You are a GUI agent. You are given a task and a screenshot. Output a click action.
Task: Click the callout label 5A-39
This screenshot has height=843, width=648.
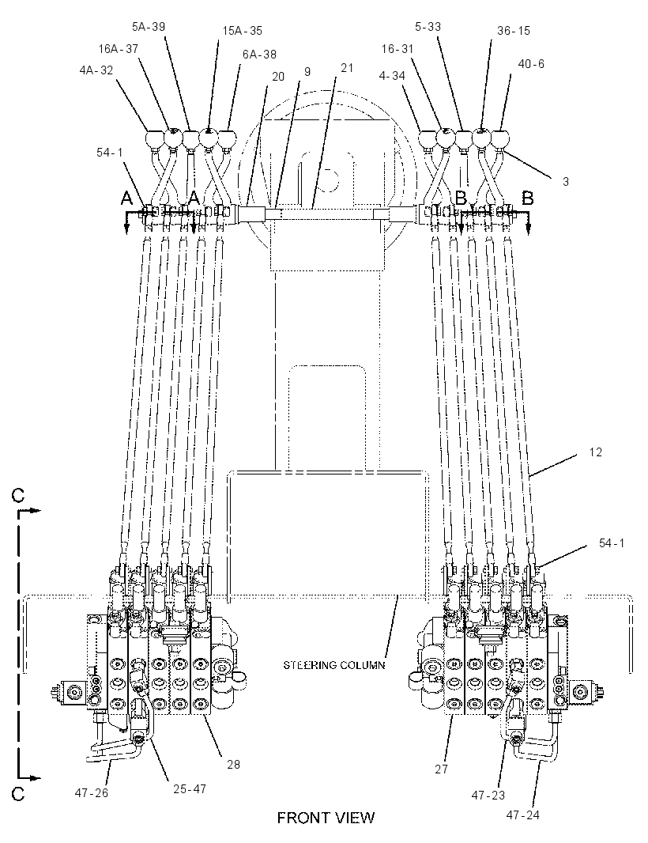149,26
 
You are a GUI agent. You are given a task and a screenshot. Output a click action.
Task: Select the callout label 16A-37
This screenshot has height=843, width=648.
119,48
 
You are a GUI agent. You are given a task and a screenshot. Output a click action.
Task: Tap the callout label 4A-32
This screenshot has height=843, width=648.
96,70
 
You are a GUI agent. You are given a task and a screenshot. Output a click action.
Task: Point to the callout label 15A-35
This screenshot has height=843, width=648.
243,31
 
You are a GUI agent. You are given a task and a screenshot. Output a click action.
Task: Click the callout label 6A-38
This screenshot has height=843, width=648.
259,54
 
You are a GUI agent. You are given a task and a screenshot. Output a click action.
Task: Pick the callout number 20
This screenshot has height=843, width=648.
278,77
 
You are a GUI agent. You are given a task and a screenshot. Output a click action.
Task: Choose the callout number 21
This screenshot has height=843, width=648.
347,67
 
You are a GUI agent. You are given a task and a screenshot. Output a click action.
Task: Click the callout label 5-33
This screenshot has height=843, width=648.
428,26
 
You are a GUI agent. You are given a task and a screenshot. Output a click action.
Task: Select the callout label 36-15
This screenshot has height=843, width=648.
513,31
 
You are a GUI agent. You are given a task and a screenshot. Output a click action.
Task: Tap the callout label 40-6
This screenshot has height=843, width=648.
531,64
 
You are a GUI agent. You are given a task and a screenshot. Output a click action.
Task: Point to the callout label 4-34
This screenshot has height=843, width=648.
392,76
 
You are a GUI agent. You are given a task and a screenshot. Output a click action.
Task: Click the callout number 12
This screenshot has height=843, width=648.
595,452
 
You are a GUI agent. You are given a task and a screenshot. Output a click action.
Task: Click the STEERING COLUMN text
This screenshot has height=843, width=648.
333,665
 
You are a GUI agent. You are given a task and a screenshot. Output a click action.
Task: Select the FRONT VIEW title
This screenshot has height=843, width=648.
326,818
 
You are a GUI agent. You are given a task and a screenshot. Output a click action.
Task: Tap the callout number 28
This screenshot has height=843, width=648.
233,764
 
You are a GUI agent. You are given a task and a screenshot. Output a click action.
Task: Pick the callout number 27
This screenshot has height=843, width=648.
441,769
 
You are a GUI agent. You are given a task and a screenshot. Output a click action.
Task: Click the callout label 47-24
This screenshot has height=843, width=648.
522,815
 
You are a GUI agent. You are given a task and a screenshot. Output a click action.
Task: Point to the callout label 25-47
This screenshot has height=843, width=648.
189,789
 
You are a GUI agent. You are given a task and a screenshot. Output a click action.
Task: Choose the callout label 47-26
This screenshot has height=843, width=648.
92,793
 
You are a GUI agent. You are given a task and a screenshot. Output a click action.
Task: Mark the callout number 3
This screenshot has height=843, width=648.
565,182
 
